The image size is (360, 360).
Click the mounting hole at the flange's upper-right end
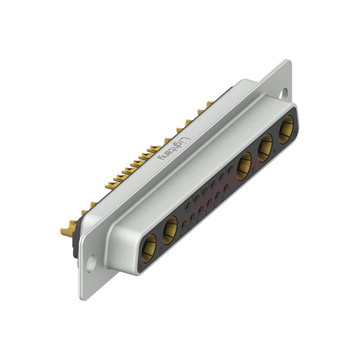pyautogui.click(x=284, y=94)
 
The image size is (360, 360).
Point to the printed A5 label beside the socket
pyautogui.click(x=295, y=135)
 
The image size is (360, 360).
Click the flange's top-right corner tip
pyautogui.click(x=286, y=60)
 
